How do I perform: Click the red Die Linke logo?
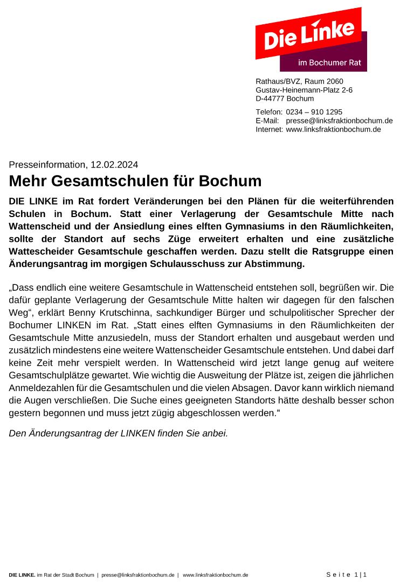[x=309, y=34]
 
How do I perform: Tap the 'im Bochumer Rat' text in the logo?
[x=329, y=62]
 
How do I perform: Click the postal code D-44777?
[x=270, y=99]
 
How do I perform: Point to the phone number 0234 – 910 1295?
[x=314, y=112]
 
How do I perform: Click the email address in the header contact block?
[x=339, y=121]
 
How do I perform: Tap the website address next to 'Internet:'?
[x=333, y=129]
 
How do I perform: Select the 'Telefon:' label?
[x=269, y=112]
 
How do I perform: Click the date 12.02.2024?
[x=114, y=165]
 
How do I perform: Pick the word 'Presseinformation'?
[x=47, y=165]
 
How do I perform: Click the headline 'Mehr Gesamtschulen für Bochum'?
[x=135, y=181]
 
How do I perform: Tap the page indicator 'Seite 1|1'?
[x=346, y=575]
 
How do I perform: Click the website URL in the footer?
[x=215, y=575]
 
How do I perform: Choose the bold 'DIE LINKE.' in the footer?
[x=22, y=575]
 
